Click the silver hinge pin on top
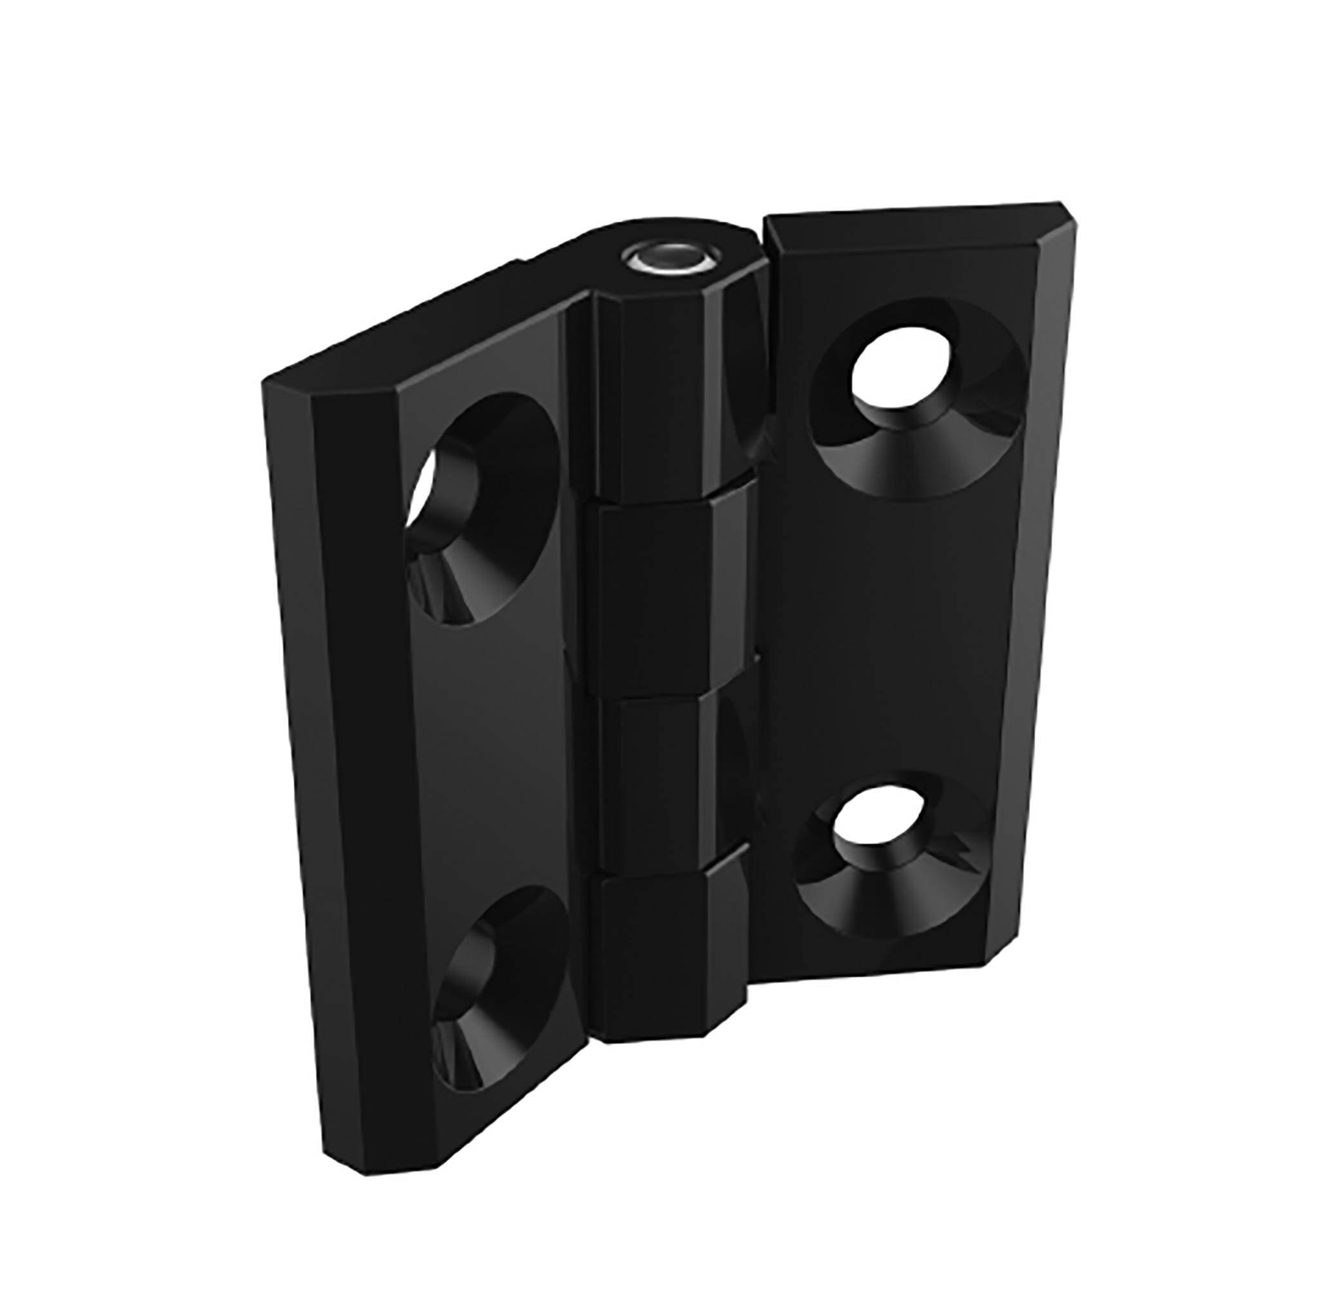668,260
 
